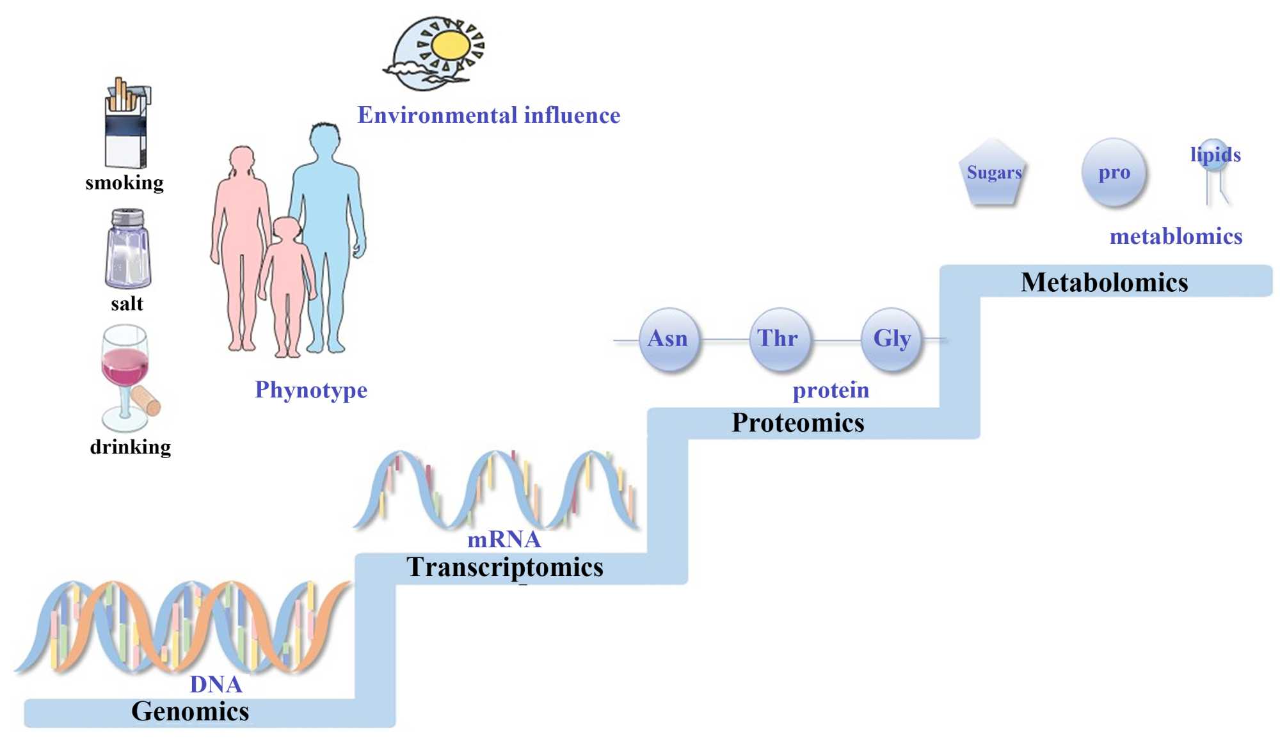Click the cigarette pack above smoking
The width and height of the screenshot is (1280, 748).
pos(127,125)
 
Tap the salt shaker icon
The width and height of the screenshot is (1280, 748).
pos(127,249)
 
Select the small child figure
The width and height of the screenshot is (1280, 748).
pos(287,282)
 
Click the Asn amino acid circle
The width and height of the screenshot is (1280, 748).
pos(668,338)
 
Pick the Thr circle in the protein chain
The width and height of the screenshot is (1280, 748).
pos(778,338)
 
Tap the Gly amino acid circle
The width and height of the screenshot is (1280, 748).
pos(892,338)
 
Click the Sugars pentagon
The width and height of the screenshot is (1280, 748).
pos(993,173)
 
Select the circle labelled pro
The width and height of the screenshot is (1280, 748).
pos(1114,173)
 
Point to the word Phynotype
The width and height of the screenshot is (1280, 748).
pos(311,390)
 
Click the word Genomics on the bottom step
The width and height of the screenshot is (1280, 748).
pos(190,712)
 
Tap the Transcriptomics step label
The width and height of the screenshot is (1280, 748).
pos(505,568)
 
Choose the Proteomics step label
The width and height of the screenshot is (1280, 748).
pos(798,423)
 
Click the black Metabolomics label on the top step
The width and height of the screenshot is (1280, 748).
pos(1104,283)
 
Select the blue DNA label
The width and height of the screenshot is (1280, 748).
pos(216,685)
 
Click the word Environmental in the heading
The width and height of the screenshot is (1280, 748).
pos(437,116)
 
